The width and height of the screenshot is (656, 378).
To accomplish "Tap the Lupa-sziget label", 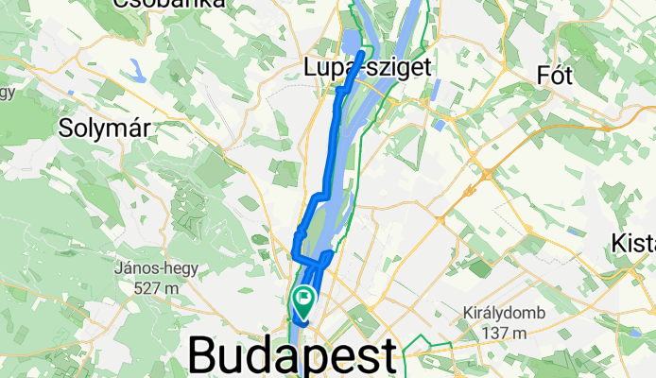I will (x=368, y=67).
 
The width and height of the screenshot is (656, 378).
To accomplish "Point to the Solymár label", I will (x=105, y=128).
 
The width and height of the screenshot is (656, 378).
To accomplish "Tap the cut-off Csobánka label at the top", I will (x=171, y=4).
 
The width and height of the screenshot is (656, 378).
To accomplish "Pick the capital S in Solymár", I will (x=65, y=128).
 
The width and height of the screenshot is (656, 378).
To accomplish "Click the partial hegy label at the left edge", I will (x=9, y=92).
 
